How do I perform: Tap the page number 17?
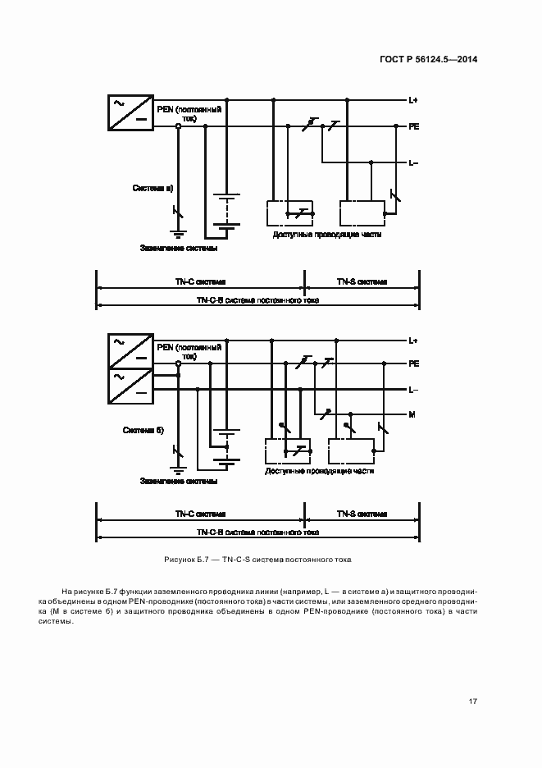coord(473,701)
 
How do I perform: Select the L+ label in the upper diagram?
coord(413,100)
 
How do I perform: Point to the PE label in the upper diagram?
coord(413,127)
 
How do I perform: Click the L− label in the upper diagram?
coord(413,162)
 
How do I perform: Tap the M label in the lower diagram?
coord(412,414)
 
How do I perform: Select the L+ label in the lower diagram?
coord(413,340)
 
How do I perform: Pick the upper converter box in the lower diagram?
coord(130,350)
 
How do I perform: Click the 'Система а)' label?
coord(153,188)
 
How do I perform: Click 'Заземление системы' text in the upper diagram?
coord(179,248)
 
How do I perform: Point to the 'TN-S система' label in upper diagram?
coord(362,281)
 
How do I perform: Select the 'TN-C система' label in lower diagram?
coord(199,514)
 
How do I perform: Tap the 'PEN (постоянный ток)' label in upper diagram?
coord(189,112)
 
